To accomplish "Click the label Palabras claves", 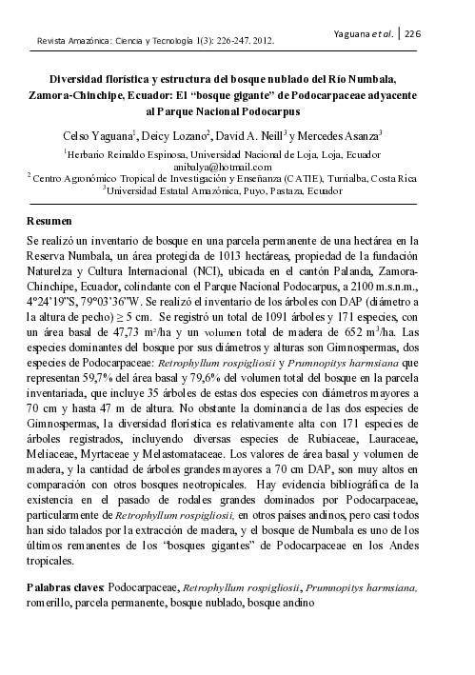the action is [66, 588].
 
